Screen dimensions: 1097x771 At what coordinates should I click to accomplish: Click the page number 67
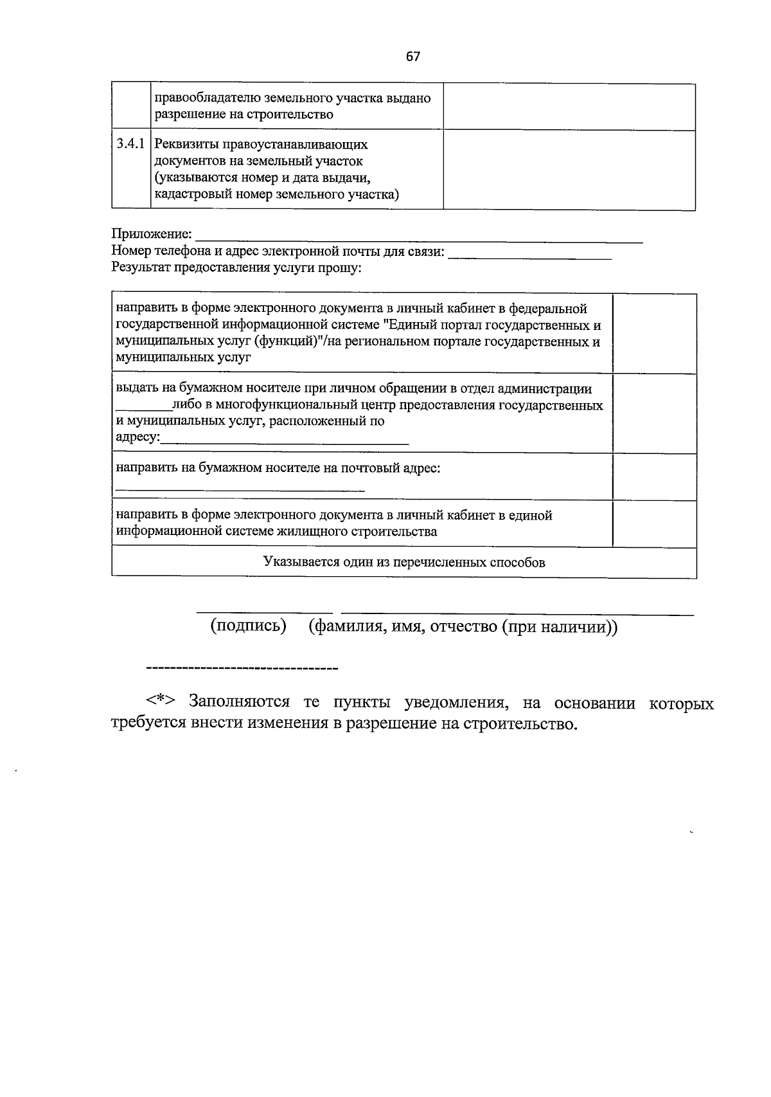click(x=413, y=57)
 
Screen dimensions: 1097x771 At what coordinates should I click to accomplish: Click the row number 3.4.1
click(x=131, y=144)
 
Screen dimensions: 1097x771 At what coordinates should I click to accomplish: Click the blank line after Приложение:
click(x=418, y=239)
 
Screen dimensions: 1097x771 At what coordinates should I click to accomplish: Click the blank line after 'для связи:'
click(x=529, y=256)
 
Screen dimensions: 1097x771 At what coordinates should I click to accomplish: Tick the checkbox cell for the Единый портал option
click(x=654, y=333)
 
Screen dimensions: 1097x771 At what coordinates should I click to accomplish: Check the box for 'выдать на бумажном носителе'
click(x=654, y=413)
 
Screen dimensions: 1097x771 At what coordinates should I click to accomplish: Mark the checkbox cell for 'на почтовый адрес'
click(x=654, y=476)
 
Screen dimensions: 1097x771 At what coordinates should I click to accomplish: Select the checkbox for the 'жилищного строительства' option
click(x=654, y=523)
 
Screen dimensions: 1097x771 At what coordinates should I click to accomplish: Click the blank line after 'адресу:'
click(x=284, y=442)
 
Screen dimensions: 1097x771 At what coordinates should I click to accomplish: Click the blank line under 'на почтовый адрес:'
click(x=240, y=489)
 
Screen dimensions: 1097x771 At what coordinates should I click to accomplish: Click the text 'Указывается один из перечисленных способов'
click(x=404, y=563)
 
